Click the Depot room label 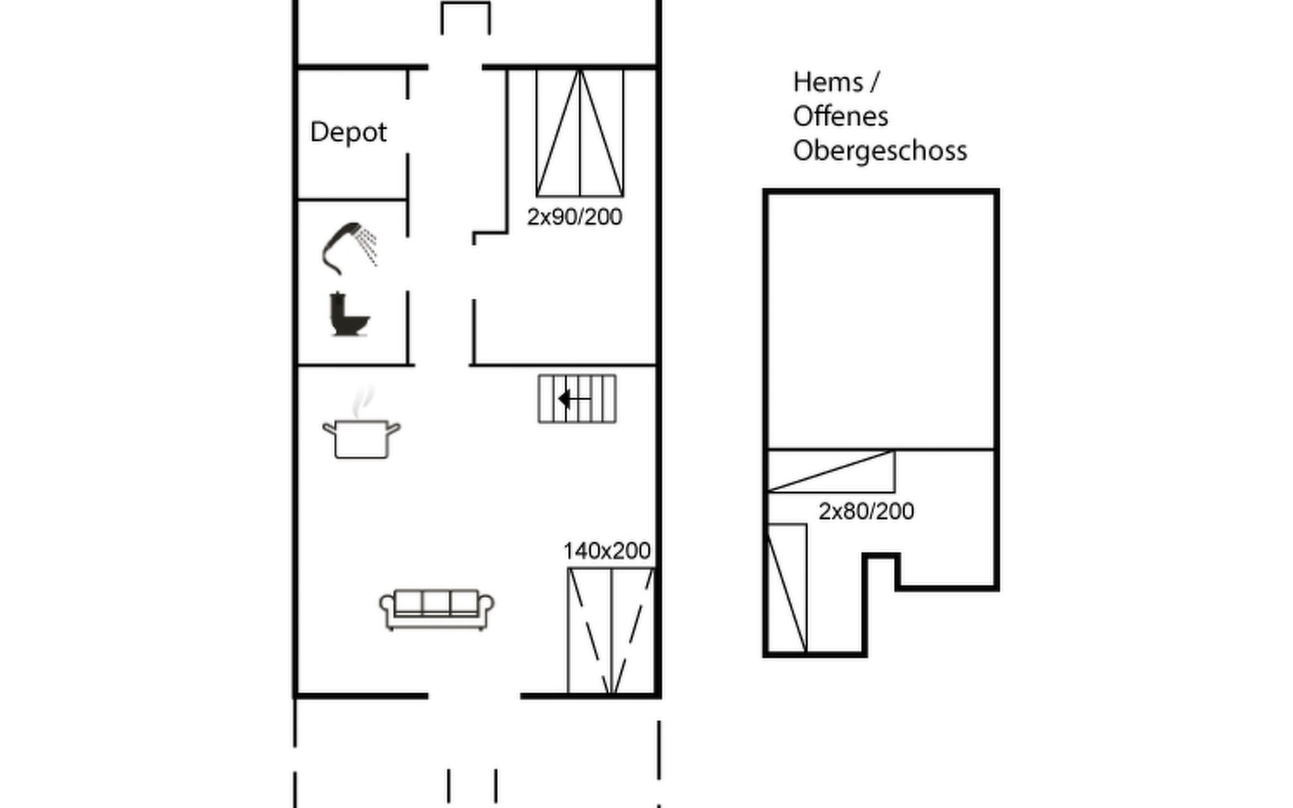pos(348,133)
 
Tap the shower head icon pos(348,248)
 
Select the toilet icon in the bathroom pos(350,314)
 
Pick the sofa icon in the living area pos(436,609)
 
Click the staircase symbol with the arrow pos(577,399)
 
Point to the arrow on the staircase pos(574,399)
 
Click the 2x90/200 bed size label pos(574,217)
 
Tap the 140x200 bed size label pos(607,551)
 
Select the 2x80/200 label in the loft pos(866,511)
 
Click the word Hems pos(828,82)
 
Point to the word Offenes pos(840,116)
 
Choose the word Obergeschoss pos(880,151)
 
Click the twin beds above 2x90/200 pos(580,133)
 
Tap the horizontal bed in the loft pos(832,471)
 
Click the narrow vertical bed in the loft pos(787,588)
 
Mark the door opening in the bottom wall pos(474,696)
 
